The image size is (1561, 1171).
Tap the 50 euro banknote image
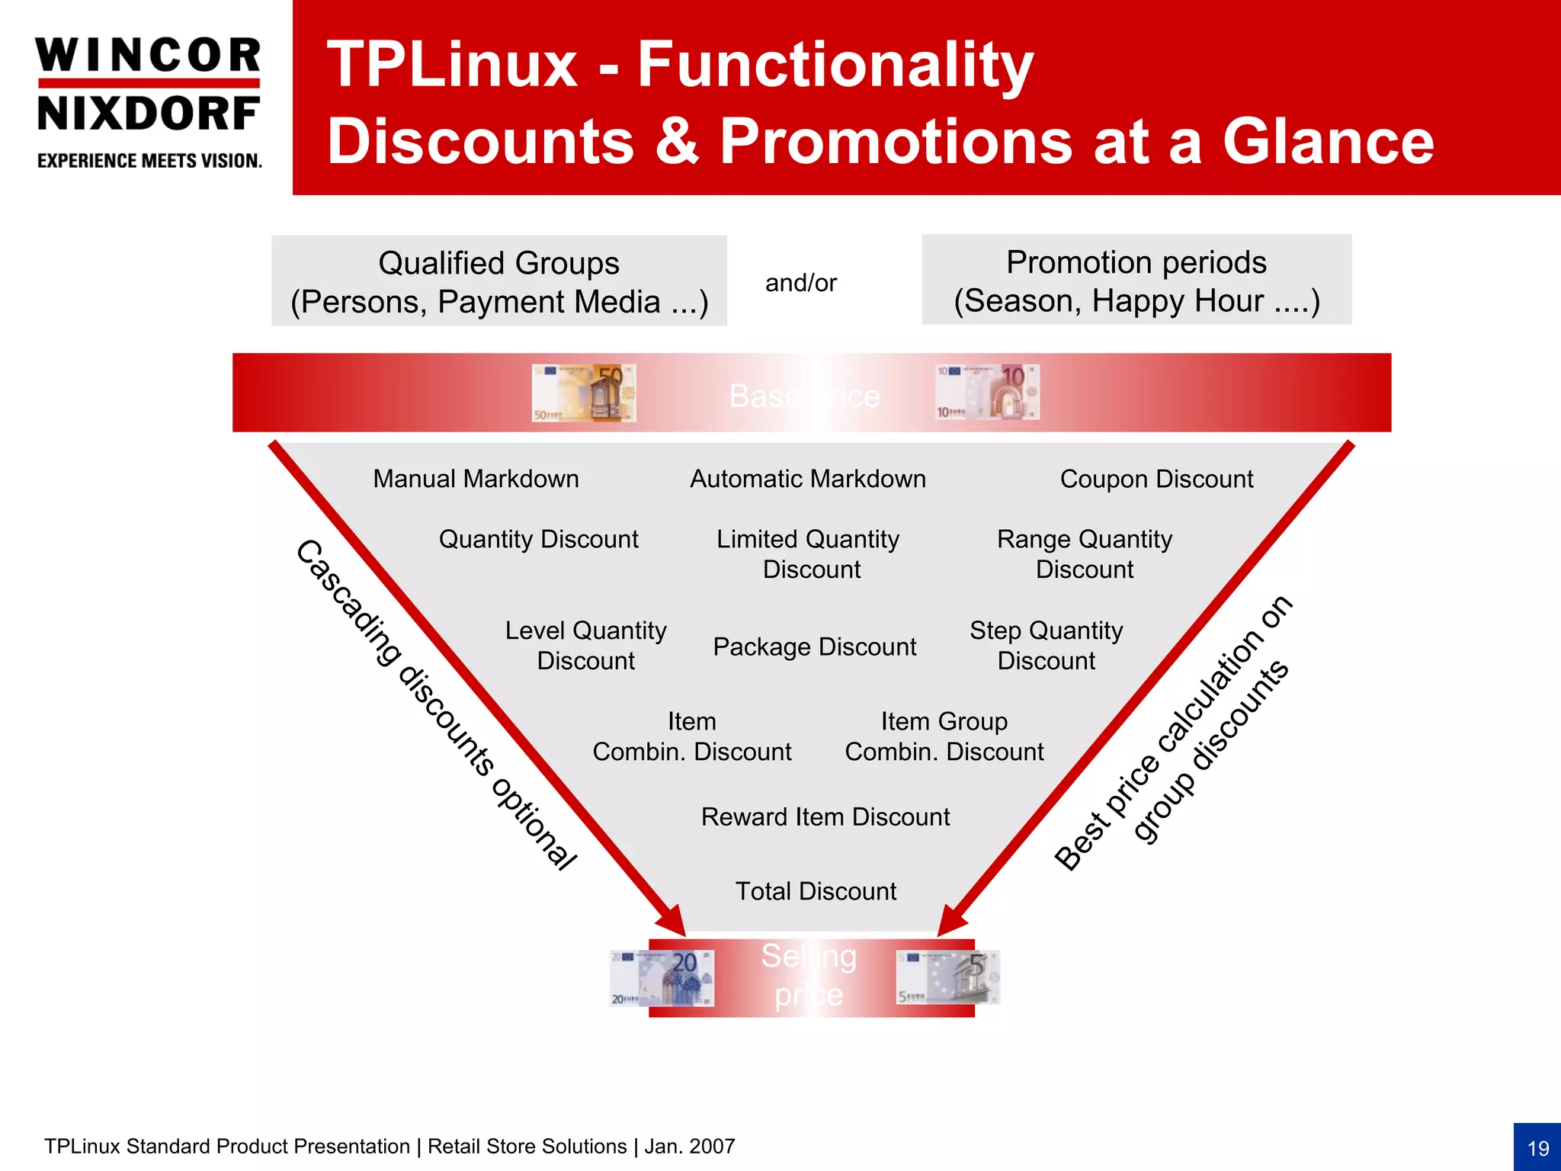pos(584,393)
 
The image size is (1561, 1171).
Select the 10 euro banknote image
pos(987,392)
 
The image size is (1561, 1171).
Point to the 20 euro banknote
pos(662,978)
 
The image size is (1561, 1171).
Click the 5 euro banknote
pos(947,977)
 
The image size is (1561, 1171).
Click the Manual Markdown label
pos(476,479)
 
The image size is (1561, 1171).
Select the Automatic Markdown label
pos(807,479)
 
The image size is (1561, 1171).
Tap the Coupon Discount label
pos(1156,479)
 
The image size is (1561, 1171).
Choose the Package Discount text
pos(814,646)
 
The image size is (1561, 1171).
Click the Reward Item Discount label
pos(825,816)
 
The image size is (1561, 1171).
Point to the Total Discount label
pos(815,891)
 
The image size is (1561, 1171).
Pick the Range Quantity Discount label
pos(1084,554)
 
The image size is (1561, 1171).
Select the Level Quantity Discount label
pos(585,645)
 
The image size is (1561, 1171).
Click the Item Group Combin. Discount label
pos(944,736)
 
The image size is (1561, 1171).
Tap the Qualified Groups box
pos(499,281)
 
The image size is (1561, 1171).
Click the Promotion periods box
pos(1136,281)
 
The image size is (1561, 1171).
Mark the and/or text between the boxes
pos(800,283)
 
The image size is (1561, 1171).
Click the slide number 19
pos(1537,1148)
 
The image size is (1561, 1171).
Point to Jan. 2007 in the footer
pos(689,1147)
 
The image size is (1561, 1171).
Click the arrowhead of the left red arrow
pos(673,921)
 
